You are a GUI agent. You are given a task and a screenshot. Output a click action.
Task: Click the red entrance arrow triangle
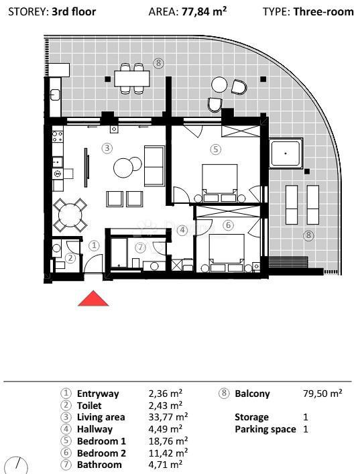(93, 298)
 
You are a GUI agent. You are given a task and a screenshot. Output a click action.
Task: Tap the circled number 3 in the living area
(107, 147)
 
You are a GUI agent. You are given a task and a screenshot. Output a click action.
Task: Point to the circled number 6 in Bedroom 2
(228, 225)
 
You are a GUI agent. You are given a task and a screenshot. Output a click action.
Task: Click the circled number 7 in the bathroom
(139, 247)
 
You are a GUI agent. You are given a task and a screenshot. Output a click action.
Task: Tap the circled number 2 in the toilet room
(70, 257)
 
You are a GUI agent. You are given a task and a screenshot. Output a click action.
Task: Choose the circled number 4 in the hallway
(181, 230)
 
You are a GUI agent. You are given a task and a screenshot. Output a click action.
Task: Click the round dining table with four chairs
(70, 215)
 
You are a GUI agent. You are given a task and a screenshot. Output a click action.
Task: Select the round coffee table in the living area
(124, 167)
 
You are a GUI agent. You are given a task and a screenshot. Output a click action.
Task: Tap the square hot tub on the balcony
(286, 154)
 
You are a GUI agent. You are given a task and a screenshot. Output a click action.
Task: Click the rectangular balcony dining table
(131, 78)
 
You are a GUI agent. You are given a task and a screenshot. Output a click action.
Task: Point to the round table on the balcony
(220, 84)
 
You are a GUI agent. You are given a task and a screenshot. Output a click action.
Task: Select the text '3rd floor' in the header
(74, 11)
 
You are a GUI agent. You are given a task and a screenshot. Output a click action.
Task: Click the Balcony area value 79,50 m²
(322, 394)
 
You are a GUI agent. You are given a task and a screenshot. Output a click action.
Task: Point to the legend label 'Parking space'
(265, 429)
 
